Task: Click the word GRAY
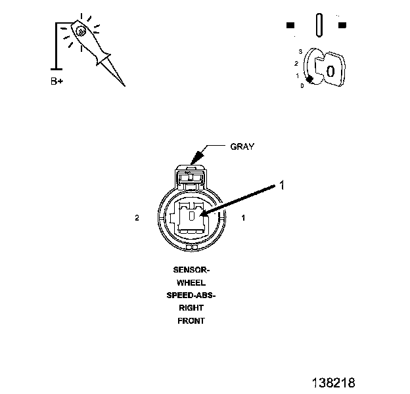(x=242, y=146)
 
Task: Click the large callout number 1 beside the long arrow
(x=282, y=186)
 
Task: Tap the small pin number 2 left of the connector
(x=137, y=218)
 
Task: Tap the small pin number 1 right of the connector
(x=244, y=217)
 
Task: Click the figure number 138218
(x=333, y=382)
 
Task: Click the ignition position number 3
(x=300, y=51)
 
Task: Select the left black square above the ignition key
(x=290, y=26)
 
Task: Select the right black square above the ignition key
(x=342, y=26)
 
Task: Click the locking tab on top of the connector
(x=191, y=175)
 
